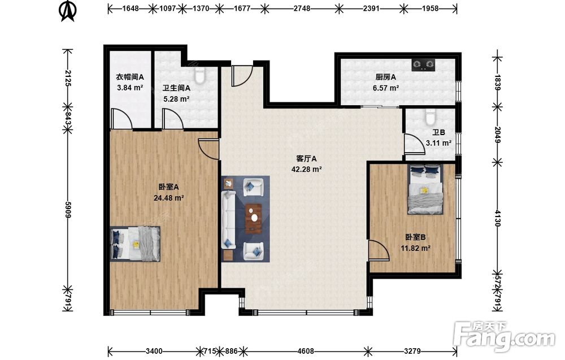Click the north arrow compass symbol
[x=67, y=11]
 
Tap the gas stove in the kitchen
[x=423, y=64]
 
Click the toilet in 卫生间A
[x=199, y=75]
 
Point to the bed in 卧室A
[x=135, y=244]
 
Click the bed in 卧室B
[x=425, y=189]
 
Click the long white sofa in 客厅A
[x=228, y=220]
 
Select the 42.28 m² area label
[x=307, y=169]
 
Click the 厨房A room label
[x=385, y=77]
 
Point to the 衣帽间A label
[x=130, y=77]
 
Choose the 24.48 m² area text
[x=169, y=198]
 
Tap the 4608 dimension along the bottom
[x=306, y=351]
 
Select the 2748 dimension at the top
[x=302, y=8]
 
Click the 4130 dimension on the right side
[x=498, y=218]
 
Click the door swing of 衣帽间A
[x=122, y=119]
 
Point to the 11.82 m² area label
[x=416, y=248]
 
